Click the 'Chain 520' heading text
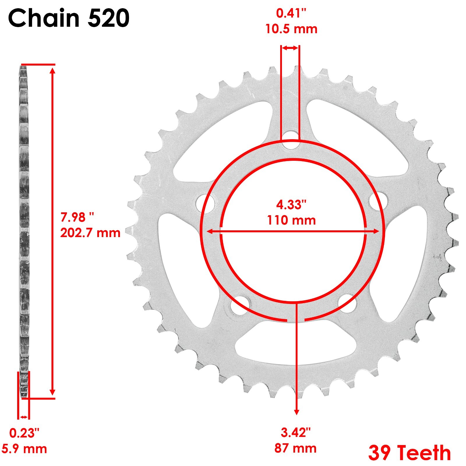69,18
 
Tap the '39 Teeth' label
409,453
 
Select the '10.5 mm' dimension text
291,29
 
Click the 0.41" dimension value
291,13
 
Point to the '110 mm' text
291,220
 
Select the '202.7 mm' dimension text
90,233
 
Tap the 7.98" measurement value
77,217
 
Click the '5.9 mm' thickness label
24,449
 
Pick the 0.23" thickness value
24,433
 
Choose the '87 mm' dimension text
295,448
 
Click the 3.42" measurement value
295,433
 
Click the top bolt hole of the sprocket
290,140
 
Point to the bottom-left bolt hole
240,306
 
